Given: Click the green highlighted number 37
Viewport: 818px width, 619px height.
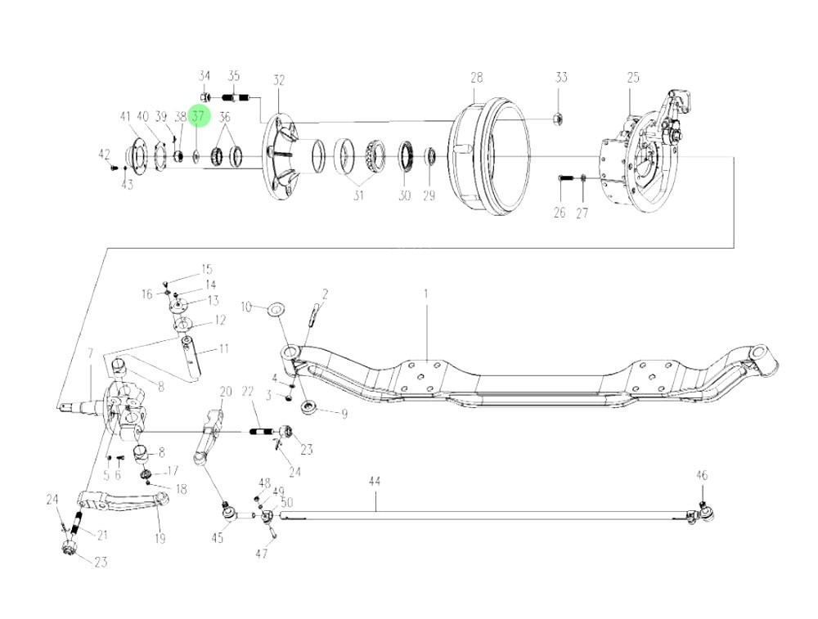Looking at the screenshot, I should coord(198,117).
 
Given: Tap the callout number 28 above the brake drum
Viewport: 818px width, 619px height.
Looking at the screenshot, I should coord(476,78).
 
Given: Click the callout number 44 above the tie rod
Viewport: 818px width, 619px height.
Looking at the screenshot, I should coord(374,482).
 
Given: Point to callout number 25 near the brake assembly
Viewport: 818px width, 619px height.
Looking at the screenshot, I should coord(633,78).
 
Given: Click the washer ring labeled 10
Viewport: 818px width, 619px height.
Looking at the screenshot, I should coord(276,308).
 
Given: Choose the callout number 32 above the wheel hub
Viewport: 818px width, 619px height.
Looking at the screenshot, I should coord(279,80).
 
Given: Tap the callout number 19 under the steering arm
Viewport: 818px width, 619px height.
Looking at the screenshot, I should coord(160,538).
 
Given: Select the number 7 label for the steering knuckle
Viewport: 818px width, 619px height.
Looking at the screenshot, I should coord(91,352).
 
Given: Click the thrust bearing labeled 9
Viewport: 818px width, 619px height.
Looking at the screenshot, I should coord(312,406).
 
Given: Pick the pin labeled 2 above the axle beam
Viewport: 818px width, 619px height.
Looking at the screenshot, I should coord(314,312).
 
